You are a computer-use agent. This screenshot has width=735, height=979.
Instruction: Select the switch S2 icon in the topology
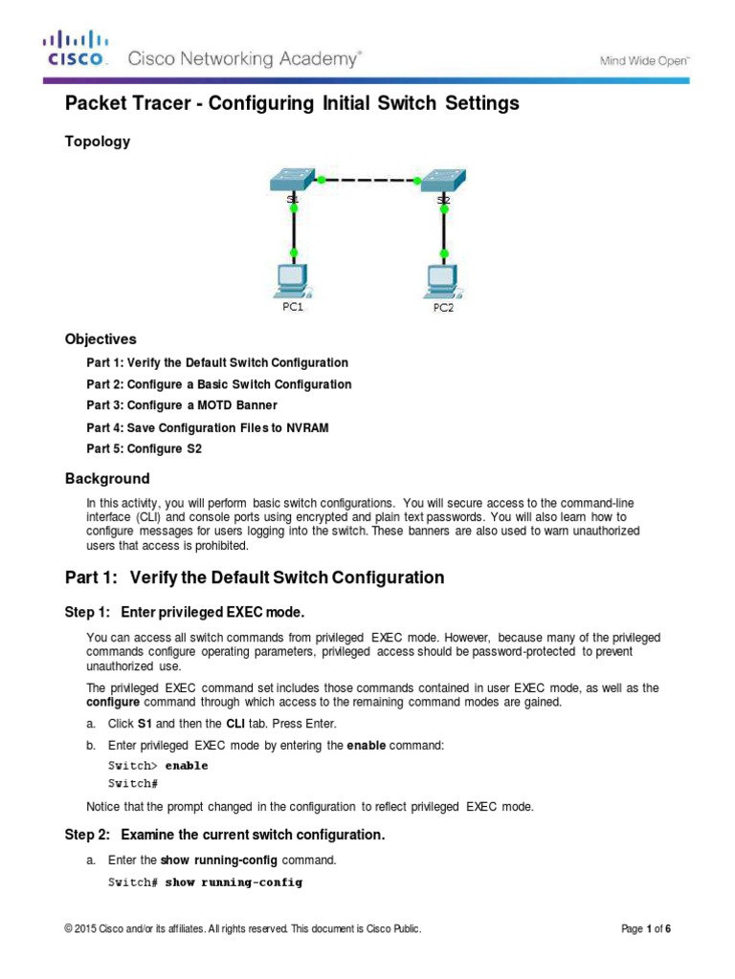tap(443, 179)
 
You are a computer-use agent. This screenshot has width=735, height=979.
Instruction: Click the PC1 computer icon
tap(292, 280)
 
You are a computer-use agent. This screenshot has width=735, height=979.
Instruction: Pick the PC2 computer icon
tap(443, 280)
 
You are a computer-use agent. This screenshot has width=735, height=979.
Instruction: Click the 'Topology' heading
tap(97, 141)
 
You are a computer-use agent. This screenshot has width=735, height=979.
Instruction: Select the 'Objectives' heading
tap(100, 339)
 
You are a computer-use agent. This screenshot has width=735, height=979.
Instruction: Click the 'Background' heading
tap(107, 478)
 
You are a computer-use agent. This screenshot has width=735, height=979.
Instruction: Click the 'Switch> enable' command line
tap(157, 766)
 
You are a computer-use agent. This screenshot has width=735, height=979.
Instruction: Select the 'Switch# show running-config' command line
tap(205, 882)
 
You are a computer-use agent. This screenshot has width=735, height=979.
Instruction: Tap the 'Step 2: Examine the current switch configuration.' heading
tap(224, 835)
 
